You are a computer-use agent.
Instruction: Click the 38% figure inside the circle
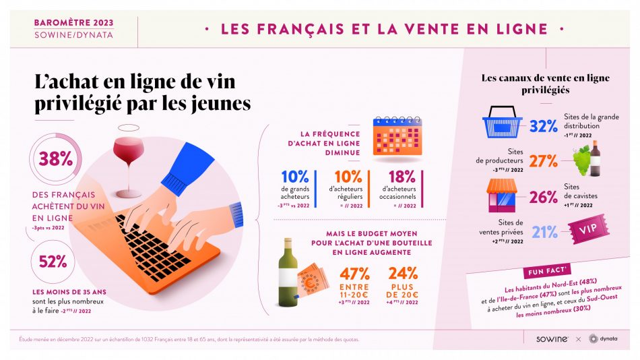coord(55,158)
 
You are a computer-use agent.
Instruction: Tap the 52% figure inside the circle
coord(55,261)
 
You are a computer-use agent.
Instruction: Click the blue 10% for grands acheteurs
coord(294,177)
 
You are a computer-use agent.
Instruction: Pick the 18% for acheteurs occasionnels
coord(402,177)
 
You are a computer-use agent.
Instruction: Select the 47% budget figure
coord(354,274)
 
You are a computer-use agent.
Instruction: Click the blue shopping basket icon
coord(503,123)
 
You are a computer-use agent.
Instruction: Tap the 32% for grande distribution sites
coord(543,126)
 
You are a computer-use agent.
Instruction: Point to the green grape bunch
coord(581,160)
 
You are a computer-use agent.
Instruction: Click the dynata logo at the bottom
coord(603,338)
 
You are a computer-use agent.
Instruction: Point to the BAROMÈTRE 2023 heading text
coord(73,22)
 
